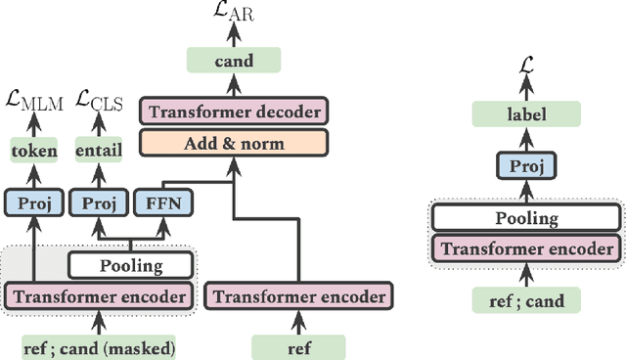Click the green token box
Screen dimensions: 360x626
pos(34,152)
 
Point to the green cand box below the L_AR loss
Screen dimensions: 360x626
pos(234,61)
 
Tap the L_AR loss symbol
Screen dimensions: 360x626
pos(234,13)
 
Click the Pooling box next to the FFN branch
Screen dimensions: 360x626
pos(130,265)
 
